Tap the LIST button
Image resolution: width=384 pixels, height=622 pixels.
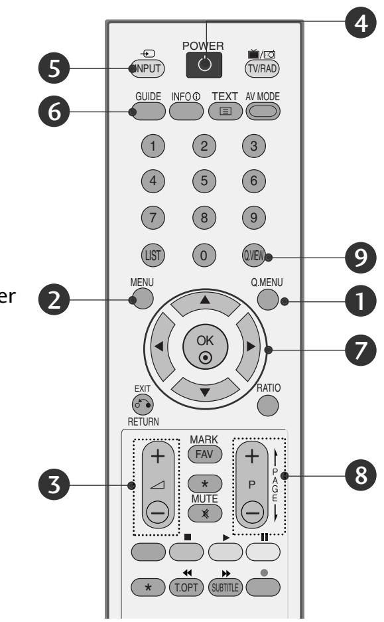152,254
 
